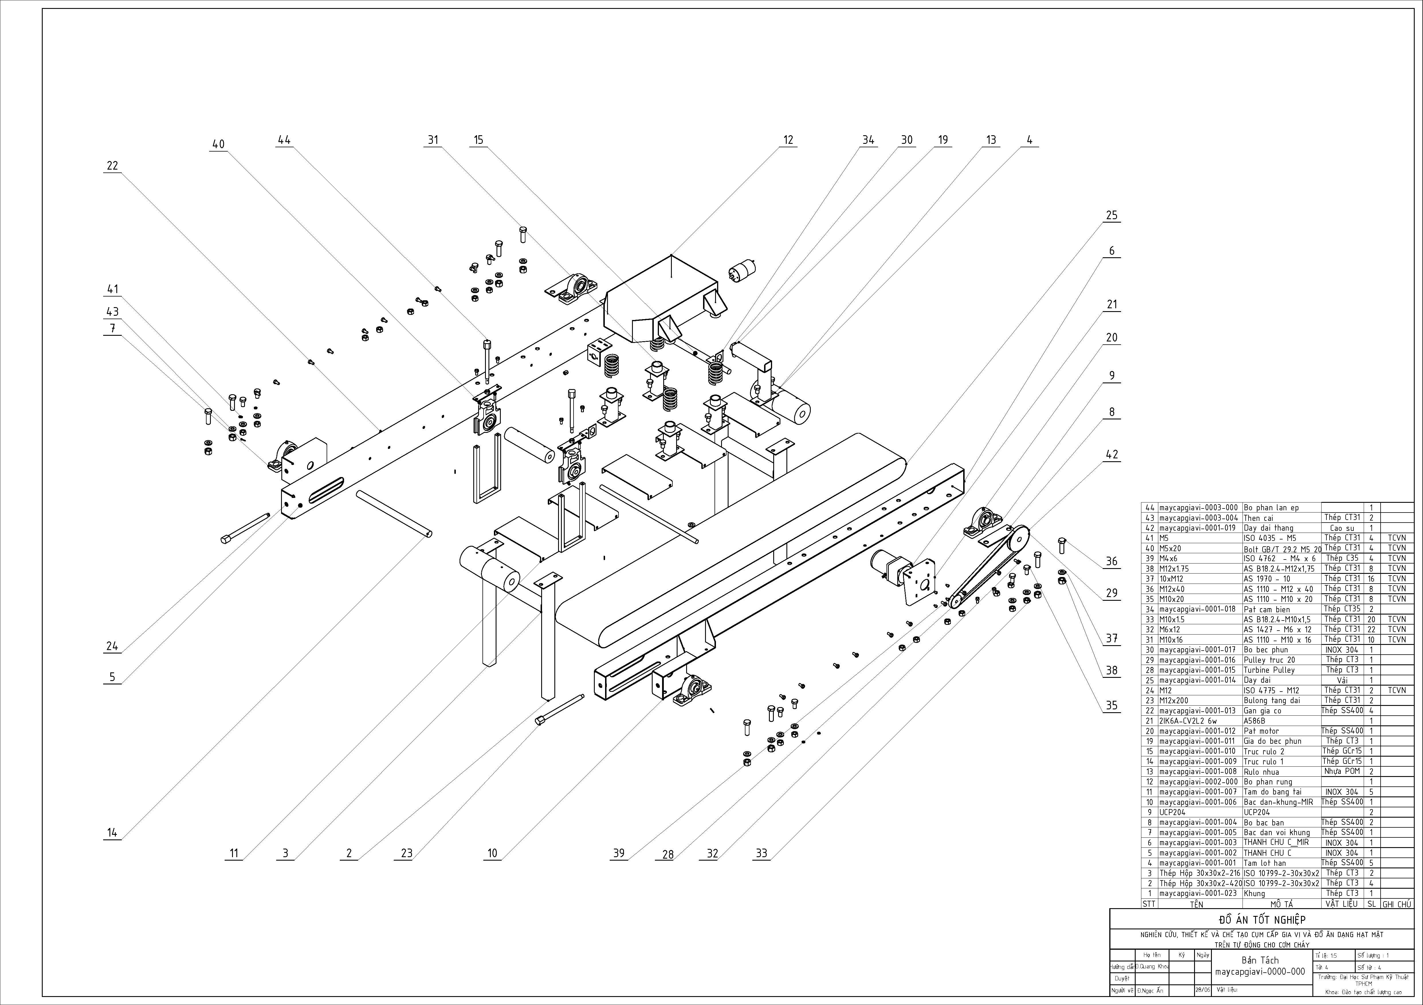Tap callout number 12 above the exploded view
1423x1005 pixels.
coord(788,140)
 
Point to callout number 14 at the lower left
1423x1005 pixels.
coord(111,833)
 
